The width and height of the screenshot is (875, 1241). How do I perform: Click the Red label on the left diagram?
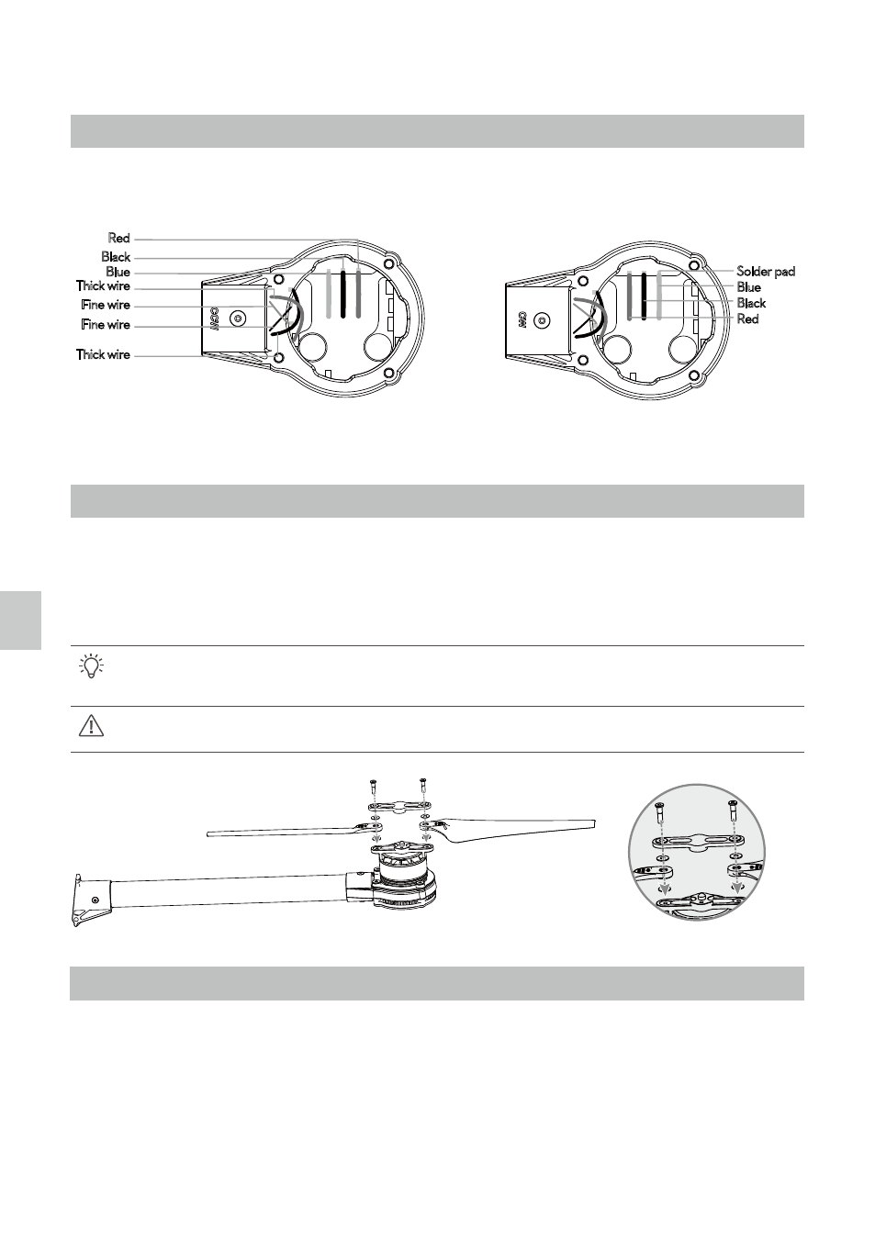pos(118,239)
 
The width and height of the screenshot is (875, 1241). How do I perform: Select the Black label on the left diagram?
pos(116,257)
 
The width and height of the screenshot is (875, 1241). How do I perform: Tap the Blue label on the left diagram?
pos(118,272)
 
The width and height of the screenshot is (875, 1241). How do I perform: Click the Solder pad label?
pos(766,272)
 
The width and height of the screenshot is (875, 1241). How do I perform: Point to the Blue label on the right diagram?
pos(748,287)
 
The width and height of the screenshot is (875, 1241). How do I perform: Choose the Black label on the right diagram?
pos(751,303)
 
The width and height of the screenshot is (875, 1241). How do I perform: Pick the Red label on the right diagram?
pos(747,319)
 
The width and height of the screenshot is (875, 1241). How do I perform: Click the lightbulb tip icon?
pos(92,665)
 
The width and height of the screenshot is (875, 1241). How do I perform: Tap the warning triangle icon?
pos(92,726)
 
